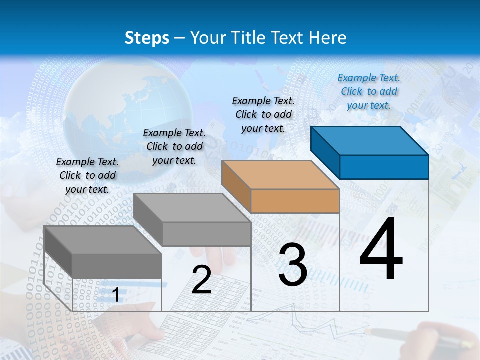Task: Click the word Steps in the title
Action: pos(147,38)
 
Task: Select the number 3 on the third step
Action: pos(293,265)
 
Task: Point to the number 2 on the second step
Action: pos(201,280)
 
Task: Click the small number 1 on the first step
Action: pos(115,295)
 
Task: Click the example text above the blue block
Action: pos(369,91)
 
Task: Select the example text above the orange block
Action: pos(263,114)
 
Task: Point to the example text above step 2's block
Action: pos(174,146)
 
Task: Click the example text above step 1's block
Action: pos(87,175)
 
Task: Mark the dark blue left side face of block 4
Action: pos(325,152)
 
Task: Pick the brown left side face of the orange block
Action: pos(236,186)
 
